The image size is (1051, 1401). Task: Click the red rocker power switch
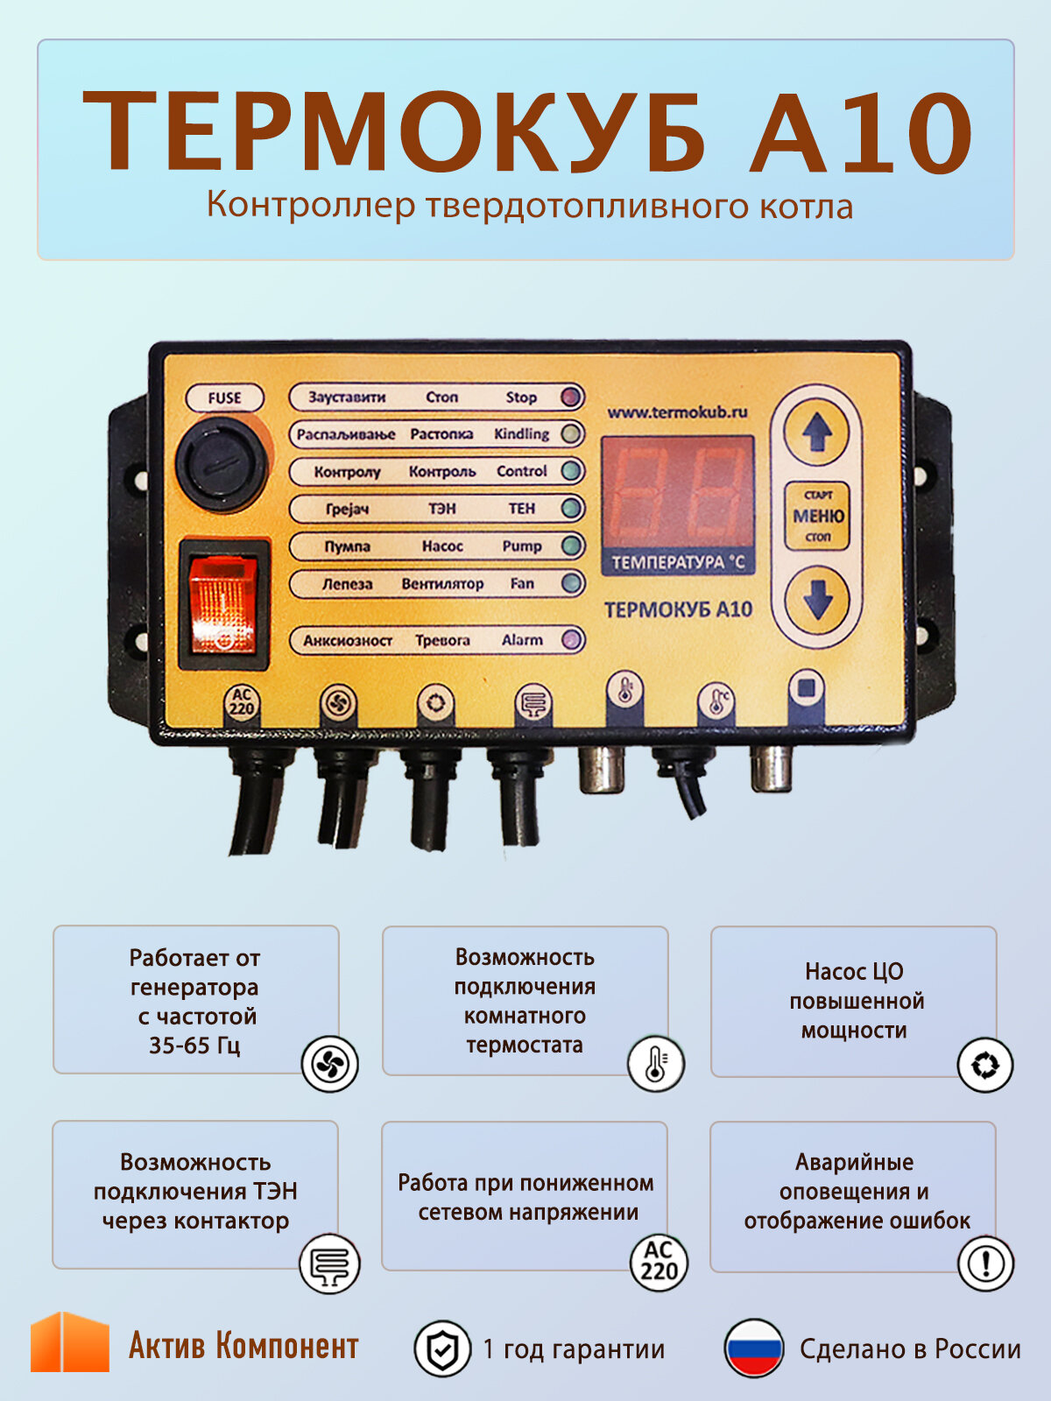pos(223,604)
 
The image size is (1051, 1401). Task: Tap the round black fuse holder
pos(220,464)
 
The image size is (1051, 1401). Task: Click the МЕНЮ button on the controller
pos(818,516)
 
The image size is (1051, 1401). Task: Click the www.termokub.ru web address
pos(677,412)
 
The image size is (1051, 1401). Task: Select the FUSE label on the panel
pos(224,398)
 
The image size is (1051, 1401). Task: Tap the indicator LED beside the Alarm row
pos(572,640)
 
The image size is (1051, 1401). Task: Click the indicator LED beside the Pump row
pos(572,546)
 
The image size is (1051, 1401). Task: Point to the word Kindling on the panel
pos(521,434)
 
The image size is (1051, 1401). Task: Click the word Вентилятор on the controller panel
pos(442,584)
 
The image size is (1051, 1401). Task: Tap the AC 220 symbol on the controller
pos(242,702)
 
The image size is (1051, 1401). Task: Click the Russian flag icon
pos(753,1348)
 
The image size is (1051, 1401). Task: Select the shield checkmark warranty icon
pos(441,1348)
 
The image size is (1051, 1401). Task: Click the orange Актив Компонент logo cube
pos(70,1342)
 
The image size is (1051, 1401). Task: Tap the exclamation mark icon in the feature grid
pos(985,1264)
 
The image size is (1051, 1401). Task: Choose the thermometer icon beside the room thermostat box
pos(656,1063)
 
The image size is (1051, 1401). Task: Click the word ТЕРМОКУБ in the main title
pos(394,131)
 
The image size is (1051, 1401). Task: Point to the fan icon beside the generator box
pos(329,1064)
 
